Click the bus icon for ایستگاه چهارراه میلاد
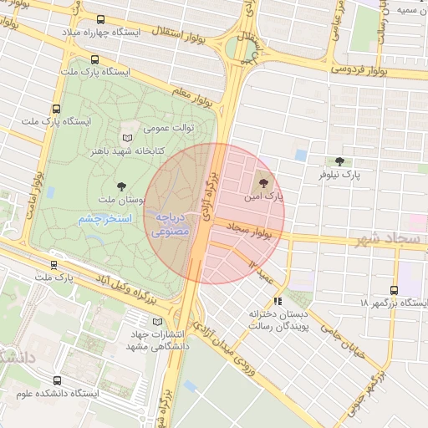pyautogui.click(x=101, y=19)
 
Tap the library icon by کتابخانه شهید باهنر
pyautogui.click(x=127, y=138)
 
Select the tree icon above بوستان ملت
pyautogui.click(x=122, y=186)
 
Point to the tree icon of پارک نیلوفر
pyautogui.click(x=339, y=161)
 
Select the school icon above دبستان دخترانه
pyautogui.click(x=278, y=300)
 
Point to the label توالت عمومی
pyautogui.click(x=169, y=128)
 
